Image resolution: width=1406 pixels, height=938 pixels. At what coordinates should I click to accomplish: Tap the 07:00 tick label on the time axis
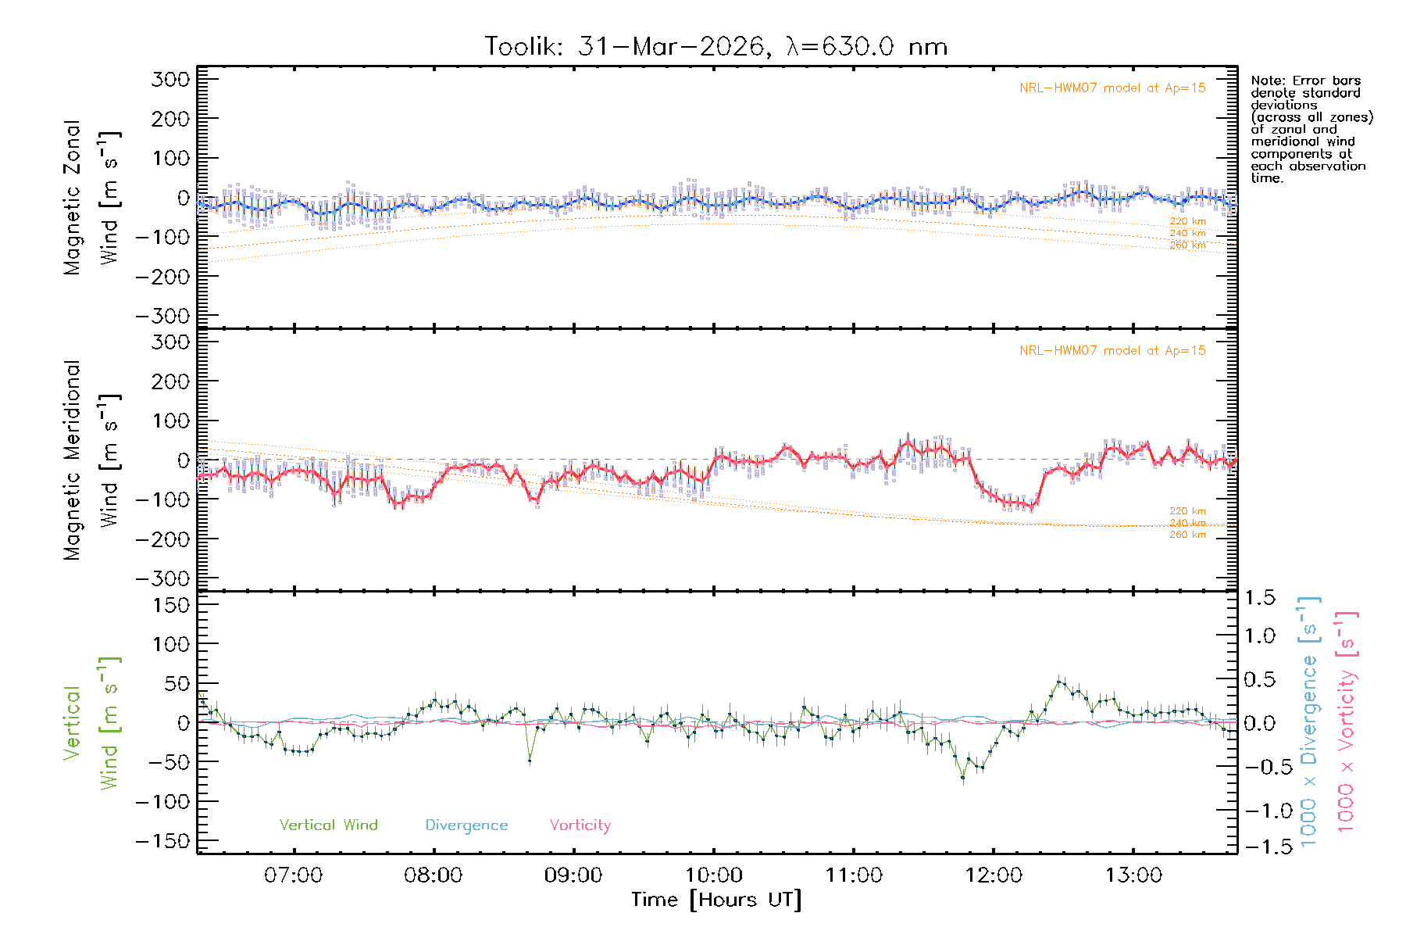[293, 875]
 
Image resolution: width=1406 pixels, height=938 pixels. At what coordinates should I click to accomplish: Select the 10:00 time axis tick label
[713, 875]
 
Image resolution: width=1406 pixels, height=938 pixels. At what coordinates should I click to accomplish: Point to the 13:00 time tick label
[1133, 875]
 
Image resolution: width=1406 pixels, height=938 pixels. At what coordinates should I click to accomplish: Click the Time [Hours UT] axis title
[716, 900]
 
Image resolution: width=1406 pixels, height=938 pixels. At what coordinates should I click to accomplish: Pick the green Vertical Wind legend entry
[328, 825]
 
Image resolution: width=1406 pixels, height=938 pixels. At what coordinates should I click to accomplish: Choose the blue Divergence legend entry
[466, 825]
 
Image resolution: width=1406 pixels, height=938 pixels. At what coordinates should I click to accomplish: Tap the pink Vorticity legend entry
[580, 825]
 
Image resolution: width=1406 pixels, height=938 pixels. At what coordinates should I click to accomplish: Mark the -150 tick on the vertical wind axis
[162, 841]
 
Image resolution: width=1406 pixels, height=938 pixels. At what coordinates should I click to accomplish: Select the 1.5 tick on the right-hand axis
[1260, 598]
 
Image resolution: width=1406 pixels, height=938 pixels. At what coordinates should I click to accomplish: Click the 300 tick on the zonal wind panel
[171, 79]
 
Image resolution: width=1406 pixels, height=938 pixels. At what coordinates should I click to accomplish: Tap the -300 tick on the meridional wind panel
[162, 578]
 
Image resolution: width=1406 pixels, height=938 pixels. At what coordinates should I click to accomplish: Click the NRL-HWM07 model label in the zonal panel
[1112, 88]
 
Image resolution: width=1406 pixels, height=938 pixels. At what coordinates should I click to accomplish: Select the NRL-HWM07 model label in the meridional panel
[1112, 351]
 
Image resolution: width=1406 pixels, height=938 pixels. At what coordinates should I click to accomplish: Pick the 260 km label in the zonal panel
[1187, 245]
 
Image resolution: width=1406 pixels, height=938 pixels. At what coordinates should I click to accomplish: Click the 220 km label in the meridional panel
[1187, 511]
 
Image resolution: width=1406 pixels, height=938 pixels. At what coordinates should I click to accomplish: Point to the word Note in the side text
[1265, 81]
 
